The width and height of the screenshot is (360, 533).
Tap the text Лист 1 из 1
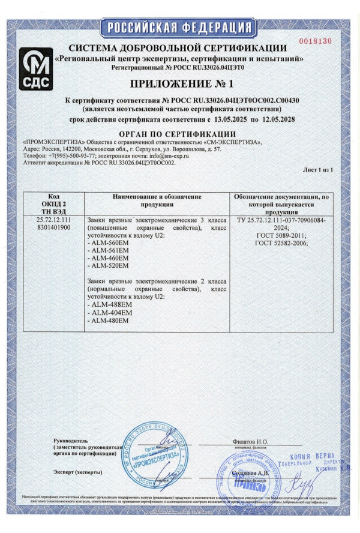point(317,171)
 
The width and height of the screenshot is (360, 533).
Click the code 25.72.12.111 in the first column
point(53,220)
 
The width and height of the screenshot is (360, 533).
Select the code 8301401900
point(53,228)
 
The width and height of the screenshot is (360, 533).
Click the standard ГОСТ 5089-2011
point(281,235)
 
